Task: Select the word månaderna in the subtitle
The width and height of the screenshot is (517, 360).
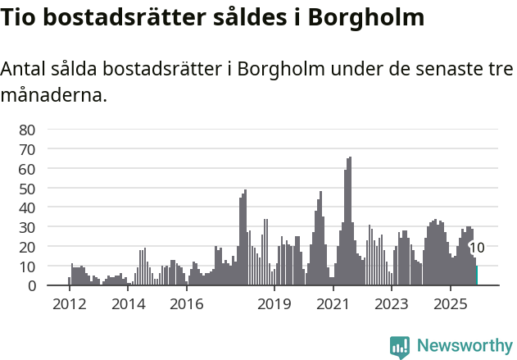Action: click(x=54, y=95)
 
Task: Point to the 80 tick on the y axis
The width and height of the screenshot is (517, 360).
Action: click(x=27, y=130)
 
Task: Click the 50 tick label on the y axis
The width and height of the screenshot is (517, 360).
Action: click(x=27, y=189)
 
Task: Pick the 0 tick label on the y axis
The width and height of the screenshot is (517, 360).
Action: click(x=31, y=286)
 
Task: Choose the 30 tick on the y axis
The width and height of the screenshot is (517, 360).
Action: click(x=27, y=227)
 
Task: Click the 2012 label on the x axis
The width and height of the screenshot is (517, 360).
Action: click(x=69, y=304)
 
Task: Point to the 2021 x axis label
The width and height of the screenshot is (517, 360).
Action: click(x=333, y=304)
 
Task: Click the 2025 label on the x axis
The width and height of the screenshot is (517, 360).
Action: click(x=450, y=304)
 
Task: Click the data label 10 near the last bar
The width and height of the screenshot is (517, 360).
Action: click(x=477, y=248)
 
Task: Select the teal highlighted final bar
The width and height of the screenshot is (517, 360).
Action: click(x=476, y=276)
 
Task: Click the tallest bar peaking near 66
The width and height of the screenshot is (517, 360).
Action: click(x=350, y=221)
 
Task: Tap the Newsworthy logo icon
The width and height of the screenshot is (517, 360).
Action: click(x=400, y=347)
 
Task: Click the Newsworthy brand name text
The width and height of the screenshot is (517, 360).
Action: click(x=465, y=346)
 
